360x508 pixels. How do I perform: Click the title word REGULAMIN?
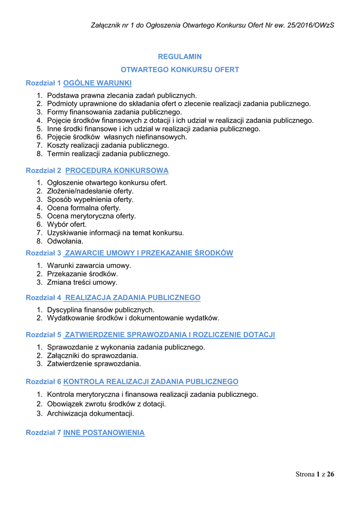pyautogui.click(x=180, y=57)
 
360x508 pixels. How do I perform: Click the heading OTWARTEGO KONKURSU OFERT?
pyautogui.click(x=180, y=70)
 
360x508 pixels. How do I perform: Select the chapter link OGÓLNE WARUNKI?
pyautogui.click(x=97, y=83)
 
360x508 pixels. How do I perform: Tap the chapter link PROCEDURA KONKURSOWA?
pyautogui.click(x=117, y=171)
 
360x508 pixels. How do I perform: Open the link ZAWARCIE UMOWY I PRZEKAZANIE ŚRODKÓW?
pyautogui.click(x=148, y=253)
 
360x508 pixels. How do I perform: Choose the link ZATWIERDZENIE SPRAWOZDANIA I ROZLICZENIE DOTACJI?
pyautogui.click(x=169, y=335)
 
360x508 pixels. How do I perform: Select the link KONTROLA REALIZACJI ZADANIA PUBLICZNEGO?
pyautogui.click(x=151, y=381)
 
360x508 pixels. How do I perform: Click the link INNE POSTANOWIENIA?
pyautogui.click(x=104, y=433)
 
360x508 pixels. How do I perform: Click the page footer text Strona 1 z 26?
pyautogui.click(x=315, y=475)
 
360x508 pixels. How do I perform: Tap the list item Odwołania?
pyautogui.click(x=65, y=241)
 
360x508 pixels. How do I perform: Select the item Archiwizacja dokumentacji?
pyautogui.click(x=90, y=413)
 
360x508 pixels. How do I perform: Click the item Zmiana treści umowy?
pyautogui.click(x=82, y=282)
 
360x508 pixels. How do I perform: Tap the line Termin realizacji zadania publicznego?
pyautogui.click(x=108, y=154)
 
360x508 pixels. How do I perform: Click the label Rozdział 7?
pyautogui.click(x=43, y=433)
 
